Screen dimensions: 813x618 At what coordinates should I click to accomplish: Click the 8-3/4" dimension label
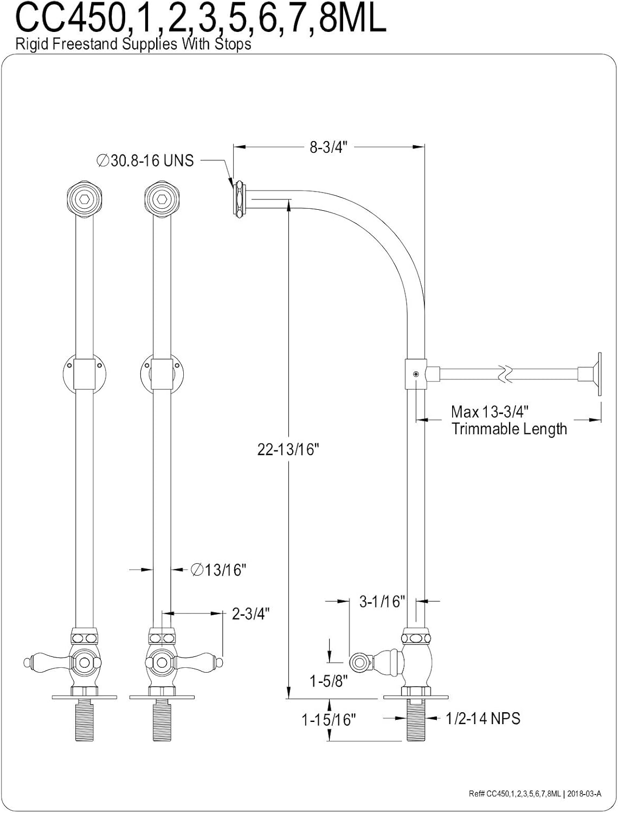[x=328, y=147]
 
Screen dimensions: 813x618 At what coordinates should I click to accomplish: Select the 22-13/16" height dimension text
[x=286, y=449]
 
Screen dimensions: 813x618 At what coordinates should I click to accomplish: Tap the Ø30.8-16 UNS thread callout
[x=145, y=160]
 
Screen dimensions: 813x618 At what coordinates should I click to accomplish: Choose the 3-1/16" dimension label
[x=382, y=601]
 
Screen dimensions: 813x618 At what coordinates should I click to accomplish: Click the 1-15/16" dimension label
[x=329, y=720]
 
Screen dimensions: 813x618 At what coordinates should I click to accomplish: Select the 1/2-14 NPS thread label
[x=482, y=718]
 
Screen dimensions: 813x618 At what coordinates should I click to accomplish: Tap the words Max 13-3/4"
[x=490, y=412]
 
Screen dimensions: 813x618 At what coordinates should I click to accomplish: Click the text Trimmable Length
[x=509, y=429]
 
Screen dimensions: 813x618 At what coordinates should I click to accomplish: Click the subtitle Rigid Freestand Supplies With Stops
[x=133, y=44]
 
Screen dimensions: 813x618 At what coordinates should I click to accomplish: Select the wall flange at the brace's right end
[x=598, y=374]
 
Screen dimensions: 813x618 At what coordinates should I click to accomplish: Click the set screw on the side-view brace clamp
[x=415, y=374]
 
